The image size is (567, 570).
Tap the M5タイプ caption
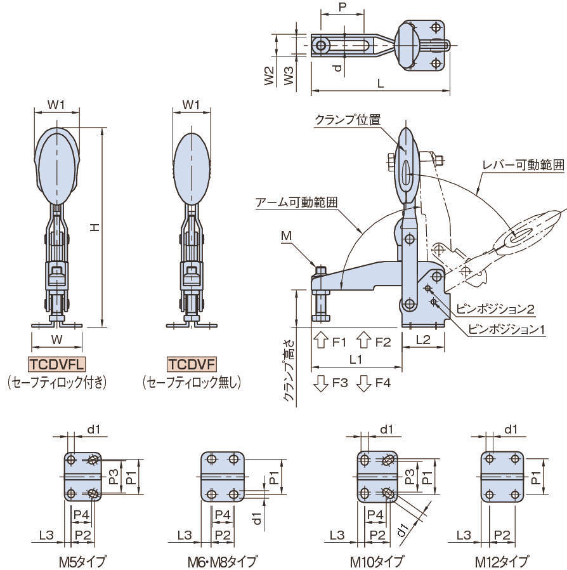pyautogui.click(x=82, y=561)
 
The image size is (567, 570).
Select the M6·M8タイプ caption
pyautogui.click(x=222, y=561)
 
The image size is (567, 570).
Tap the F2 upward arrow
pyautogui.click(x=363, y=341)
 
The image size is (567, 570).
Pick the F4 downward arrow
pyautogui.click(x=363, y=383)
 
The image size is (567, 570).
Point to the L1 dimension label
pyautogui.click(x=356, y=359)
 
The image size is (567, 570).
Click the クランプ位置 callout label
pyautogui.click(x=347, y=119)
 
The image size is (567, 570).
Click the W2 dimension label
pyautogui.click(x=269, y=77)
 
